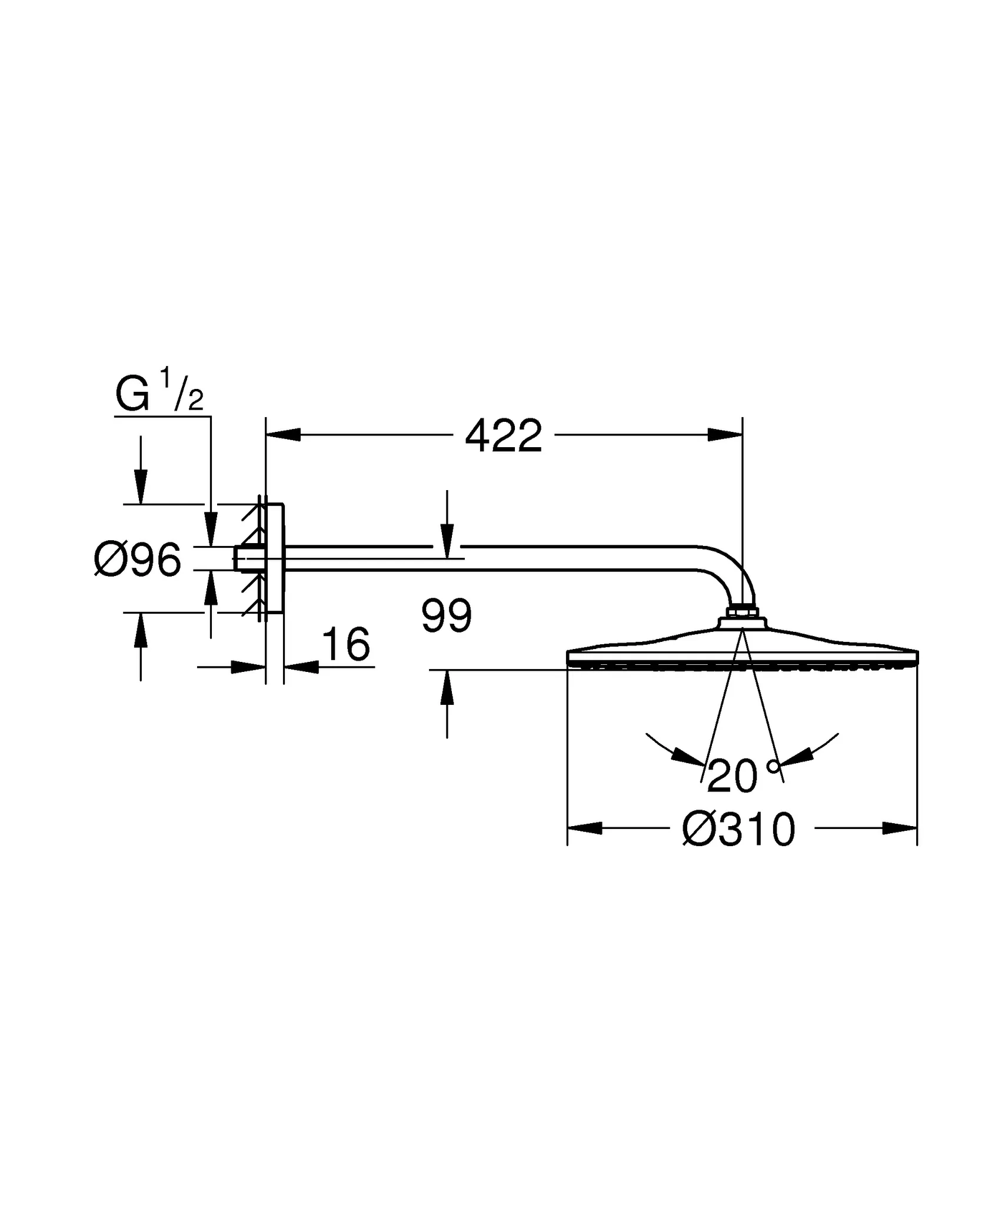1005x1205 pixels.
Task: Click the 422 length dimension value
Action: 503,437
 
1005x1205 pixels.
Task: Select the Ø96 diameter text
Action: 138,561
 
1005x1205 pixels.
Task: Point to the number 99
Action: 447,617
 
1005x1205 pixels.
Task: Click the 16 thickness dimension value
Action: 347,644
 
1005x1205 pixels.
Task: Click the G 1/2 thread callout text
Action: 159,393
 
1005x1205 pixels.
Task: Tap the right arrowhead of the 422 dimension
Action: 725,435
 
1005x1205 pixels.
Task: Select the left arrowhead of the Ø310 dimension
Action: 584,828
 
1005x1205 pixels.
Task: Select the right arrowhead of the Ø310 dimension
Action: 900,828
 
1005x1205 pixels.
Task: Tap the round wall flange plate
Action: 275,558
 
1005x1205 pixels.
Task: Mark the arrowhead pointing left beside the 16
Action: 301,667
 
